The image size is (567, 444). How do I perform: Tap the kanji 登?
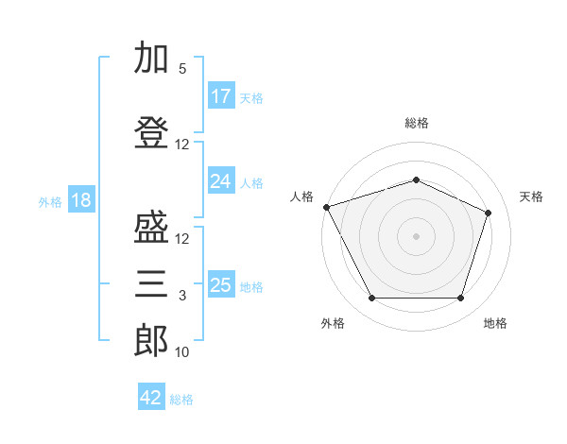click(151, 131)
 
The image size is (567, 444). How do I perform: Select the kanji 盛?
click(151, 230)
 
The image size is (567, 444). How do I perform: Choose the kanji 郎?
click(151, 340)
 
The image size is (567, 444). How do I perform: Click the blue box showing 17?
click(221, 96)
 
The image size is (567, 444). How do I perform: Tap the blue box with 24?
click(221, 181)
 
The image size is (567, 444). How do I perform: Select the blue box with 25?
click(221, 285)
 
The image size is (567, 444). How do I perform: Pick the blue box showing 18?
click(80, 200)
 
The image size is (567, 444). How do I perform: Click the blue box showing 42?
click(151, 398)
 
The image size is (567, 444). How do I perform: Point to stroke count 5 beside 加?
click(182, 69)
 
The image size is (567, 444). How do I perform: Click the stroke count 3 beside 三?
click(182, 296)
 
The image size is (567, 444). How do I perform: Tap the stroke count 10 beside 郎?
click(182, 352)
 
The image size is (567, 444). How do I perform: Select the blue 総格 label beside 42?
click(181, 399)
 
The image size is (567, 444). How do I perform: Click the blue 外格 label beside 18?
click(50, 201)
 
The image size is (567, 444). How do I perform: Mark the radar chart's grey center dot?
click(416, 235)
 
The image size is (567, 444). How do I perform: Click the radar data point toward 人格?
click(326, 206)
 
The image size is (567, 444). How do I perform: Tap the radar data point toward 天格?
click(489, 213)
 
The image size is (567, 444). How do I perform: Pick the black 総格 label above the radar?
click(416, 123)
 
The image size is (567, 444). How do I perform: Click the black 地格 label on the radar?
click(495, 323)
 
